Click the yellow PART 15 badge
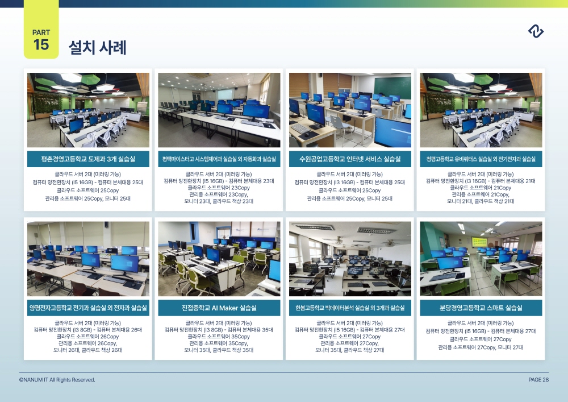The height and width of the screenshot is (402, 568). click(x=41, y=30)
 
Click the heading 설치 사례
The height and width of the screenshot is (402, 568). click(x=98, y=48)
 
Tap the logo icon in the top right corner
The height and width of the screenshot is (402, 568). click(x=536, y=31)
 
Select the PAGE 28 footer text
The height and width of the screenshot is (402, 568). click(x=538, y=379)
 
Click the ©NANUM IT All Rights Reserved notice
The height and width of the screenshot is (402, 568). click(x=57, y=379)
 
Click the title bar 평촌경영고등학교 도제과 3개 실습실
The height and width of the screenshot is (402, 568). click(x=88, y=159)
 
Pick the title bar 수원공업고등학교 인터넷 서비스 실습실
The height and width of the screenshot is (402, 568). click(x=350, y=159)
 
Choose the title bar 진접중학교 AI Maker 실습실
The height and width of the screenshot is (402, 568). click(x=219, y=308)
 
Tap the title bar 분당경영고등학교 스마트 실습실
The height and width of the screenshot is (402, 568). click(x=481, y=308)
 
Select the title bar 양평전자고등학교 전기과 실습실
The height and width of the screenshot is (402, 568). click(x=88, y=308)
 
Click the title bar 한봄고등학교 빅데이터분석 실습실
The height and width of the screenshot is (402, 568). click(x=350, y=308)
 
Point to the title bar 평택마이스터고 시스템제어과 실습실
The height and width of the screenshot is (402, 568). click(x=219, y=159)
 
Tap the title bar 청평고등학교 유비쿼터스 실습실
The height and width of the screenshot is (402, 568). click(x=481, y=159)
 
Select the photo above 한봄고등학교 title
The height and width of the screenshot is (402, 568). click(x=350, y=259)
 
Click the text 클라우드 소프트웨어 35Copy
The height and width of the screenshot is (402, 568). click(x=219, y=337)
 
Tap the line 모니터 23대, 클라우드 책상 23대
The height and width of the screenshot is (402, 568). click(x=219, y=201)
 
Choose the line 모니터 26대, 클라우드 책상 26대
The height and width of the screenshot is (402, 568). click(x=87, y=350)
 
